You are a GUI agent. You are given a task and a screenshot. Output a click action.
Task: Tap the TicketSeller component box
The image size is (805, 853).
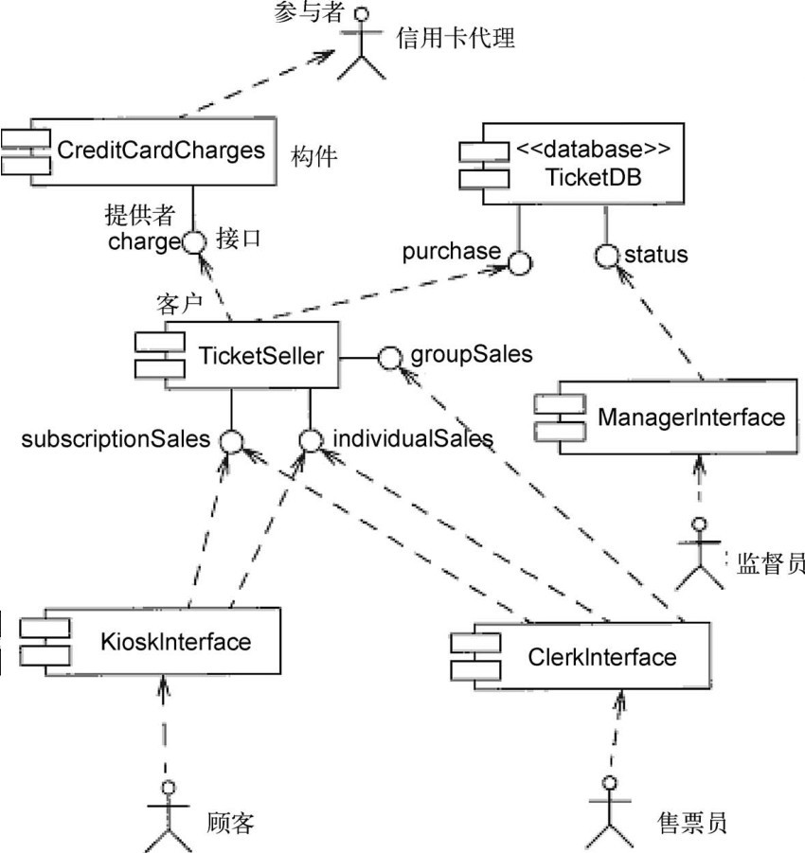tap(248, 356)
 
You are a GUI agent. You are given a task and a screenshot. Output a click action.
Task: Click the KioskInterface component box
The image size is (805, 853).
tap(161, 643)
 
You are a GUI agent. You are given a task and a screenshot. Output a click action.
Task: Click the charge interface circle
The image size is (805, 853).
tap(193, 242)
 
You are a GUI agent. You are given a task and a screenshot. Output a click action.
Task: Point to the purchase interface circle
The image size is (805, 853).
tap(519, 262)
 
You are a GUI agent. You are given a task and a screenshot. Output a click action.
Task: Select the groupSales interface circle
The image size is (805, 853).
tap(388, 357)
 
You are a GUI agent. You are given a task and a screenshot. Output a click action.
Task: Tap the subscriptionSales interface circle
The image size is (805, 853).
tap(231, 440)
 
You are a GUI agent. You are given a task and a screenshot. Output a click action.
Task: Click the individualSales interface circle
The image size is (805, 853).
tap(310, 440)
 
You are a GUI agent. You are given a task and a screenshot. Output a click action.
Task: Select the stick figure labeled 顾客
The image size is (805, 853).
tap(169, 812)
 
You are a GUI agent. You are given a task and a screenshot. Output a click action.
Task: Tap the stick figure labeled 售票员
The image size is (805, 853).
tap(608, 812)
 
